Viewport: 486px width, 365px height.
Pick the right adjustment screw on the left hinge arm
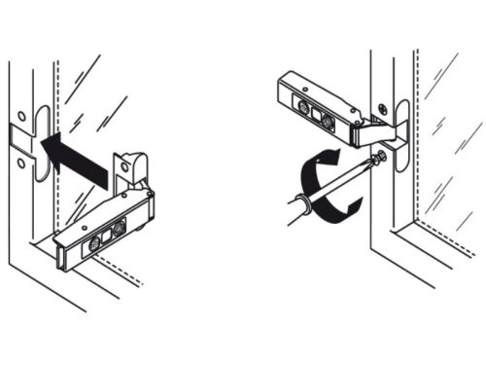[x=120, y=230]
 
